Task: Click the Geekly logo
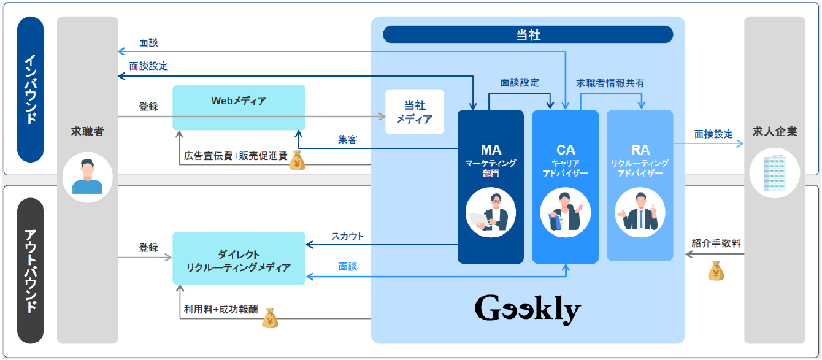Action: pos(528,310)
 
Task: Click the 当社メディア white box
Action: pos(414,112)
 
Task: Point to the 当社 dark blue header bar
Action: pos(528,35)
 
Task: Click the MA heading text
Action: pos(491,150)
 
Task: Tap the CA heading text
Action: pos(565,150)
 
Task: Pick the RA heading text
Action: pos(640,150)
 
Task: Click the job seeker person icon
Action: pos(87,177)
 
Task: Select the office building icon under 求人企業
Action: pos(774,172)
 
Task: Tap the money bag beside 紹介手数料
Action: pos(715,270)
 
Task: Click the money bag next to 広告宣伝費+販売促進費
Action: pos(297,160)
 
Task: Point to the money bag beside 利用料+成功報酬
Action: pos(270,318)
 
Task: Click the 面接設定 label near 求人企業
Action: pos(713,134)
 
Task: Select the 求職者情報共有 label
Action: pos(610,83)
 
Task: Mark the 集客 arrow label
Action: pos(348,139)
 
